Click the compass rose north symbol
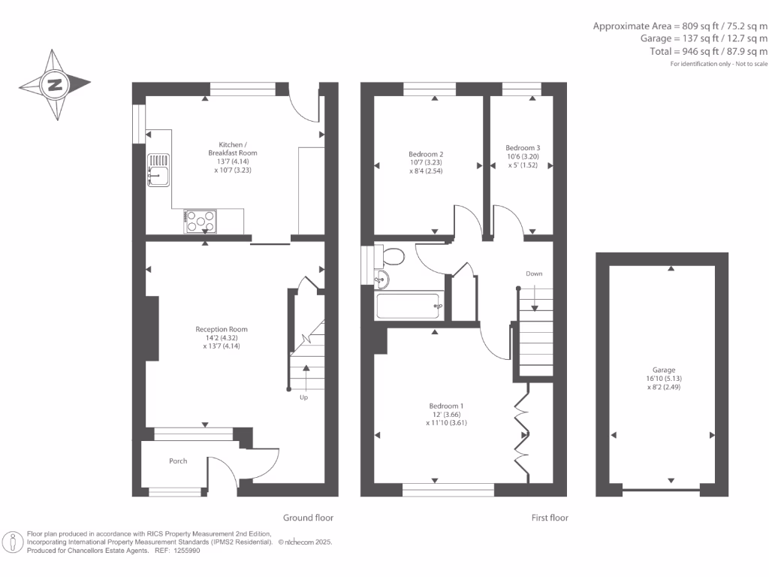tap(55, 84)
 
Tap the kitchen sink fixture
tap(159, 170)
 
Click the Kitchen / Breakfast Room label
tap(232, 148)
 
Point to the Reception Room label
tap(221, 329)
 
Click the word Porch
tap(178, 461)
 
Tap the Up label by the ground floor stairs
tap(303, 397)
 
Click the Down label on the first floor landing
tap(534, 273)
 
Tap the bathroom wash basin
tap(381, 280)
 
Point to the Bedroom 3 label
tap(523, 148)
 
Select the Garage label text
tap(663, 370)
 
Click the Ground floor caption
tap(308, 518)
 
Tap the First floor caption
tap(549, 518)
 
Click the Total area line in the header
tap(709, 51)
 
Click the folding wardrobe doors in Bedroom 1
tap(521, 432)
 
